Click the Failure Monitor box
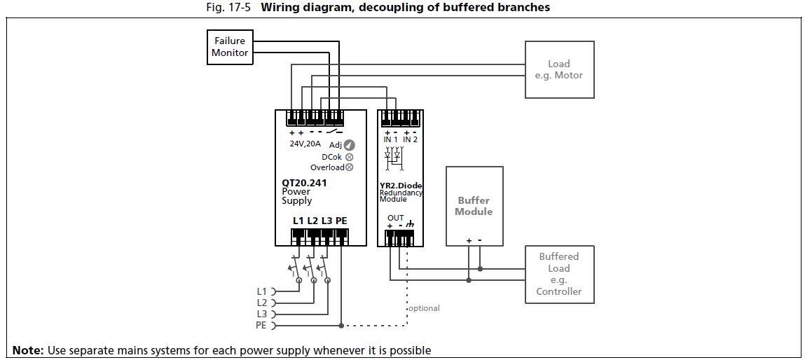230,47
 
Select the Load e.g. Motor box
559,69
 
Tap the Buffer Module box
474,206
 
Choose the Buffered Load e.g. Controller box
559,274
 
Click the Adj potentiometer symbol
349,145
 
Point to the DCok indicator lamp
349,157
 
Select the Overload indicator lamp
349,167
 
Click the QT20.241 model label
304,184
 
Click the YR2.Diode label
401,186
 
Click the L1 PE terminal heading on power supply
319,221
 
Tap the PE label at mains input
261,326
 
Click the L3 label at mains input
261,314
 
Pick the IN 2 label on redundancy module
411,139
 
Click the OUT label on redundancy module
395,218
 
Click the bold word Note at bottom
28,350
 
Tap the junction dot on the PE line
341,326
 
